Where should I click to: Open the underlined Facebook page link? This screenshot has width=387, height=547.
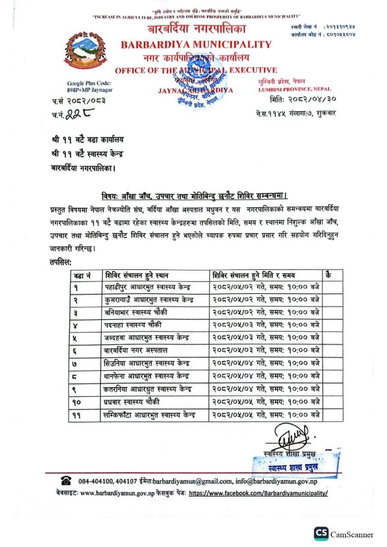click(x=258, y=492)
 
